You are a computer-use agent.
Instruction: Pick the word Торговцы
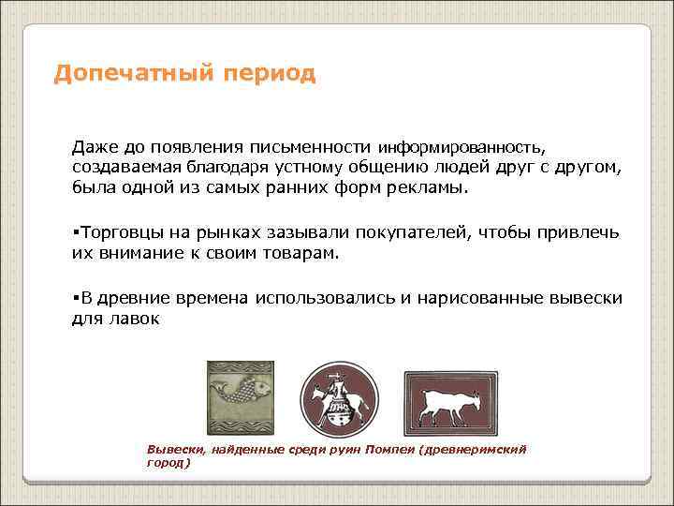point(115,232)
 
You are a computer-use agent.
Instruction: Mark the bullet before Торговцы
point(75,232)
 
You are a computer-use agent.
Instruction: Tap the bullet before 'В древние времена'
point(75,298)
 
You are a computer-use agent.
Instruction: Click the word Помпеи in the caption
point(391,450)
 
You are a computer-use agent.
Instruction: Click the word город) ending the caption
point(168,462)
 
